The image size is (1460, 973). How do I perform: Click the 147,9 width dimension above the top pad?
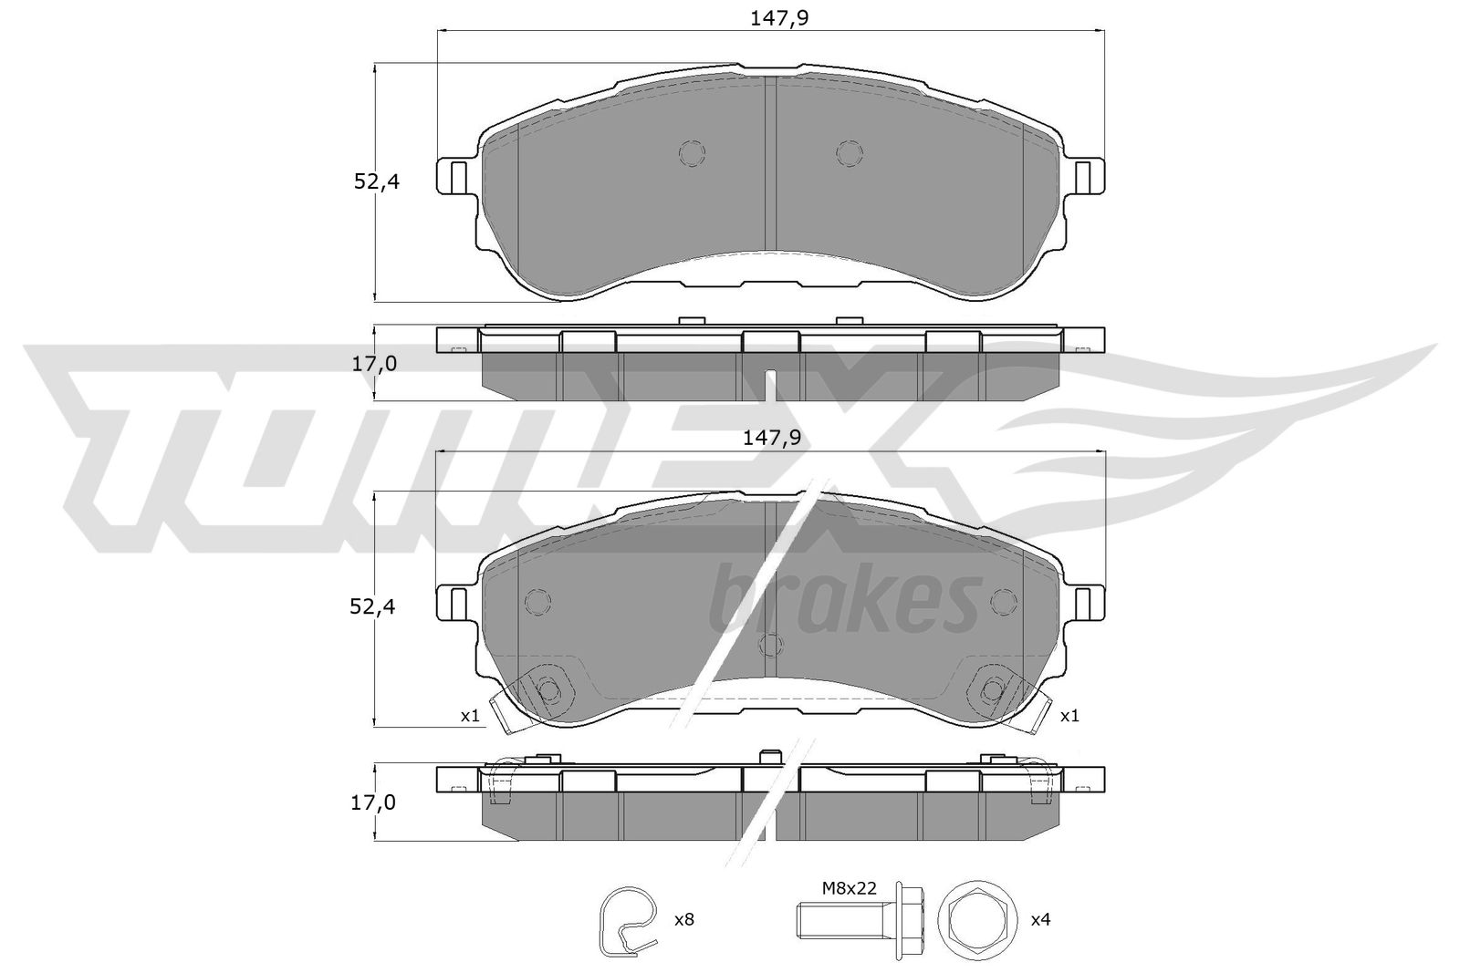[779, 18]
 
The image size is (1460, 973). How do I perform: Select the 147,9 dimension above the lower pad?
[772, 439]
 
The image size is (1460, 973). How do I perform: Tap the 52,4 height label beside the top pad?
[377, 181]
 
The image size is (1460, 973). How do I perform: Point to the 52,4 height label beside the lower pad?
[373, 607]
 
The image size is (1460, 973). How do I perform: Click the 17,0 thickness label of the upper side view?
[374, 364]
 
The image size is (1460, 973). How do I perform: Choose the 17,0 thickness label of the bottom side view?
[373, 803]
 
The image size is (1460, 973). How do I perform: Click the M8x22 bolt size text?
[850, 887]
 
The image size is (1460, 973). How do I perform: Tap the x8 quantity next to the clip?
[683, 919]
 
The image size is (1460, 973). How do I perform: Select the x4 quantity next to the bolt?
[1040, 919]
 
